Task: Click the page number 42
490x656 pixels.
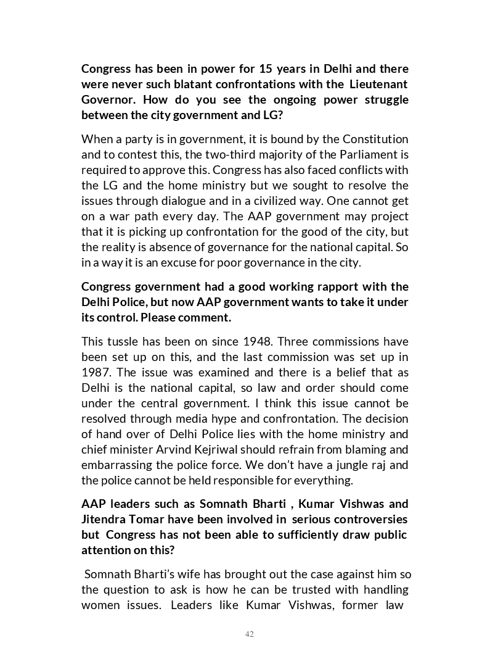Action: point(249,634)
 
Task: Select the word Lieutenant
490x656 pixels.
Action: point(378,84)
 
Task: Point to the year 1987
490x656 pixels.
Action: point(96,372)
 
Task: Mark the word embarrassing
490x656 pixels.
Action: point(115,465)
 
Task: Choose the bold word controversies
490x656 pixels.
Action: point(371,519)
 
